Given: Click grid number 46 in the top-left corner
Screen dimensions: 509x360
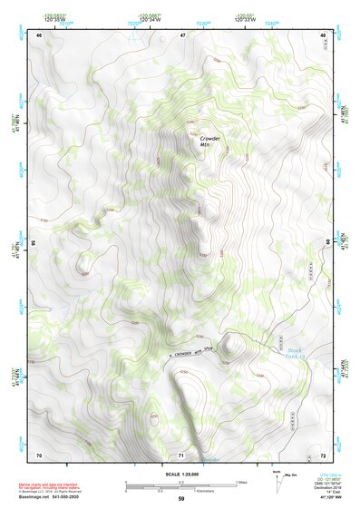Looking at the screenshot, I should click(39, 34).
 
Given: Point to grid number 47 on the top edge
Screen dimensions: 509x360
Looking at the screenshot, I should click(182, 34).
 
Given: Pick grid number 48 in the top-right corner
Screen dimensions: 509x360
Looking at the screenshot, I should click(324, 34).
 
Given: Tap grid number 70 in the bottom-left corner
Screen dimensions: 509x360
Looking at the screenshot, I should click(39, 454).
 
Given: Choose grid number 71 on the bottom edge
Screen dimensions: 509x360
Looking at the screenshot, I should click(182, 454).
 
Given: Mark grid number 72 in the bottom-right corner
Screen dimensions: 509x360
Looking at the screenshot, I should click(324, 454).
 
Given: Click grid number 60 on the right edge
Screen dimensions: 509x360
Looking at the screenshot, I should click(327, 243).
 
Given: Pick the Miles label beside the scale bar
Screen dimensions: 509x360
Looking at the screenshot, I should click(242, 482).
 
